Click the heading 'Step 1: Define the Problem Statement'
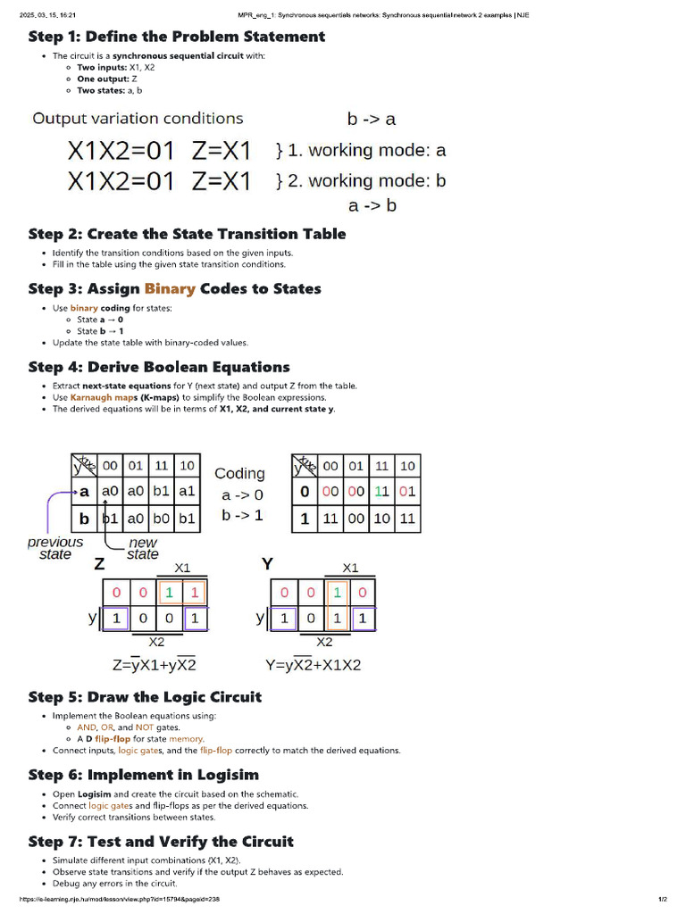[x=177, y=37]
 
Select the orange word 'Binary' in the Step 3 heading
[x=170, y=288]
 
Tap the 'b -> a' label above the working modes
[x=372, y=119]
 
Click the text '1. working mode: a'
[x=361, y=150]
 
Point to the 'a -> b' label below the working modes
[x=372, y=205]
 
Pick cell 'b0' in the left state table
[x=162, y=518]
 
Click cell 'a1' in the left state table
[x=187, y=492]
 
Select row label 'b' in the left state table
[x=85, y=518]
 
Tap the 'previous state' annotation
[x=55, y=548]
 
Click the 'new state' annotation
[x=143, y=548]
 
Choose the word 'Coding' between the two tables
[x=240, y=473]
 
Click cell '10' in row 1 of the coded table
[x=381, y=518]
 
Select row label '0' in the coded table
[x=305, y=492]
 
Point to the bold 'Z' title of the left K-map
[x=99, y=564]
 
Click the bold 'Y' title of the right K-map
[x=266, y=563]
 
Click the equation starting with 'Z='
[x=154, y=664]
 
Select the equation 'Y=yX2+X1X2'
[x=314, y=664]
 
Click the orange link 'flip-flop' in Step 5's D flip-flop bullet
[x=113, y=739]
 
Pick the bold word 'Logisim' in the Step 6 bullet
[x=95, y=794]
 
